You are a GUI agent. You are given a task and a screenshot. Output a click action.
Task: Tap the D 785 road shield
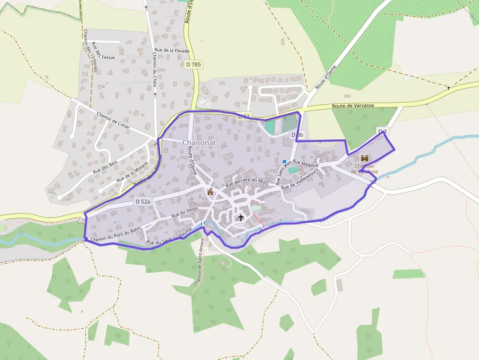pos(194,64)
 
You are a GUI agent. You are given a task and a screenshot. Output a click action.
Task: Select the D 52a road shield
pos(143,201)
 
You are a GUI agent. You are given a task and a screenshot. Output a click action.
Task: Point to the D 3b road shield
pos(297,135)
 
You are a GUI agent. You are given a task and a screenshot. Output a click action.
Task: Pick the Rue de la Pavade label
pos(172,50)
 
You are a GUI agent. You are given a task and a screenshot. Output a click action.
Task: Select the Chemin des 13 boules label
pos(90,51)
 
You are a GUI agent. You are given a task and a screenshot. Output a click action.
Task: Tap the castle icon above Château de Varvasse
pos(365,158)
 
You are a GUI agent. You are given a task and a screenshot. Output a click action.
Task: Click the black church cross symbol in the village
pos(240,217)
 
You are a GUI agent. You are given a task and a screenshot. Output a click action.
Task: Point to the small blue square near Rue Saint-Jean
pos(284,161)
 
